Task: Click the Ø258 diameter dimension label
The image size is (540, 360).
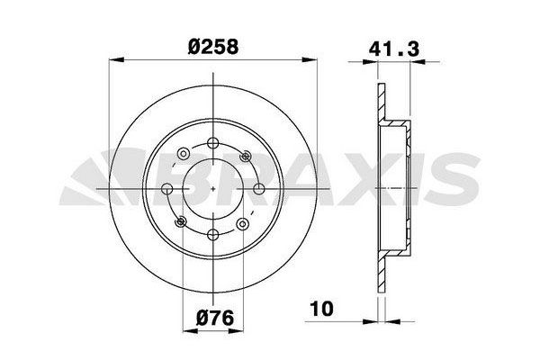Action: pyautogui.click(x=213, y=47)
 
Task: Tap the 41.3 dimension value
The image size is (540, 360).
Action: pyautogui.click(x=394, y=49)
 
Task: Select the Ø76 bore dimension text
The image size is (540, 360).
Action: pyautogui.click(x=215, y=318)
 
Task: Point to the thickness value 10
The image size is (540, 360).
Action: pyautogui.click(x=321, y=309)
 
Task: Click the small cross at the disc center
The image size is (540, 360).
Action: pyautogui.click(x=213, y=189)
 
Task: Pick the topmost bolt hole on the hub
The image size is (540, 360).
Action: pyautogui.click(x=213, y=142)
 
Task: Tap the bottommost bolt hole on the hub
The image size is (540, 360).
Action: pyautogui.click(x=213, y=235)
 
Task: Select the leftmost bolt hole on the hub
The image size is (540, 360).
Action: pyautogui.click(x=167, y=189)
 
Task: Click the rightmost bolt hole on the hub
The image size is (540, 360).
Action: pyautogui.click(x=259, y=189)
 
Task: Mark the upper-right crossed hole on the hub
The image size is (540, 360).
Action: pyautogui.click(x=246, y=156)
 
